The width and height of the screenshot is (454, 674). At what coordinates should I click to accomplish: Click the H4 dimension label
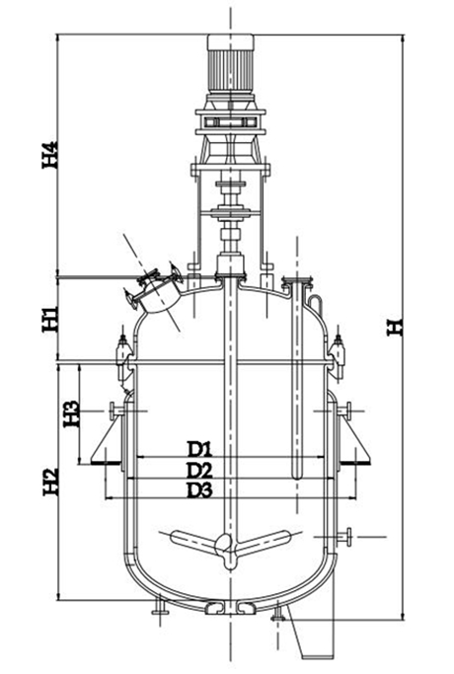pyautogui.click(x=50, y=155)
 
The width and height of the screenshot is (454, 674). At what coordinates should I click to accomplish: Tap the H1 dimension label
pyautogui.click(x=50, y=319)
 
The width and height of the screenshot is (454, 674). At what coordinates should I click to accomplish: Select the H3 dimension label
pyautogui.click(x=71, y=413)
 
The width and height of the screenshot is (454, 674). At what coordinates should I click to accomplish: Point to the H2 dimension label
pyautogui.click(x=50, y=482)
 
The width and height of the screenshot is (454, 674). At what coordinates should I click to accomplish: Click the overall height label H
pyautogui.click(x=395, y=327)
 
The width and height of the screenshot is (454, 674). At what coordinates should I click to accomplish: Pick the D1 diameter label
pyautogui.click(x=200, y=449)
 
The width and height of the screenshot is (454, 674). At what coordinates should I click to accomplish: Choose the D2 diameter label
pyautogui.click(x=200, y=471)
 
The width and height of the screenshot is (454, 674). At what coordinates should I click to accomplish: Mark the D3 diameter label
pyautogui.click(x=200, y=490)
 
